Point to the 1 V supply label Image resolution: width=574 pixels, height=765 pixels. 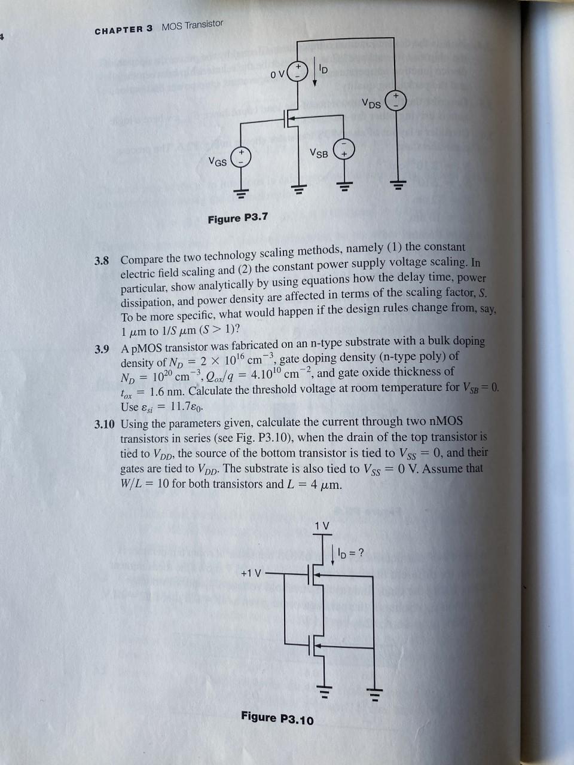pyautogui.click(x=322, y=526)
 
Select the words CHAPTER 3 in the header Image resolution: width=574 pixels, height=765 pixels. pyautogui.click(x=124, y=29)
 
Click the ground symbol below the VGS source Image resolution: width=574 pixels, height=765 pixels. pyautogui.click(x=242, y=192)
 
